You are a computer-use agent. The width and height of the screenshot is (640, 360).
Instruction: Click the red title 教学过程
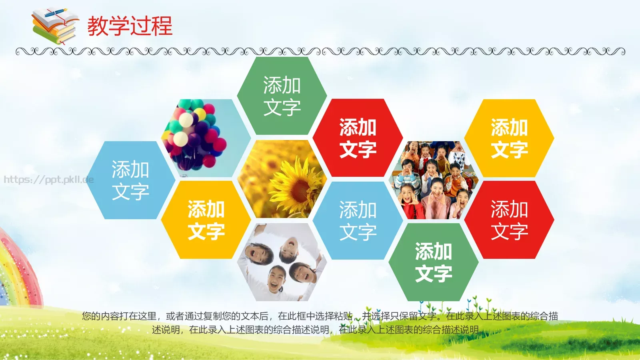point(130,26)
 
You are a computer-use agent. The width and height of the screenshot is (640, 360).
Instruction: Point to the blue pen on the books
point(56,13)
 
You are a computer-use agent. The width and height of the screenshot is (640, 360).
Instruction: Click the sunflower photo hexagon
point(282,179)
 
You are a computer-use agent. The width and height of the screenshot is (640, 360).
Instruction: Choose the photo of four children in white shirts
point(282,262)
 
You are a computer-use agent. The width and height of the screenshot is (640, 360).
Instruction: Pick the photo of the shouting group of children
point(434,180)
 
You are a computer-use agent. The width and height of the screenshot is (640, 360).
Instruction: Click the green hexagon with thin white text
point(282,96)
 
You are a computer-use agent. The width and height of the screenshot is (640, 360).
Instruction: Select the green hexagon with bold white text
point(434,262)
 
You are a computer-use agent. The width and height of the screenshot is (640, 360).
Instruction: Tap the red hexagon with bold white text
point(358,138)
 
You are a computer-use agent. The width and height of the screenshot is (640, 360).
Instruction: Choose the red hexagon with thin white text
point(509,220)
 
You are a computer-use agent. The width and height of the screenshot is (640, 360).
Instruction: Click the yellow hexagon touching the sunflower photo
point(206,220)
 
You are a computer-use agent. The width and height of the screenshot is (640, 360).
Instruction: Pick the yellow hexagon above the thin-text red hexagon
point(509,138)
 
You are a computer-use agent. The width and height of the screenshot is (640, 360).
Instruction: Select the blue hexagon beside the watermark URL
point(130,180)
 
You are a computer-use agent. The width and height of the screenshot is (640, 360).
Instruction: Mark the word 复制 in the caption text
point(212,316)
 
